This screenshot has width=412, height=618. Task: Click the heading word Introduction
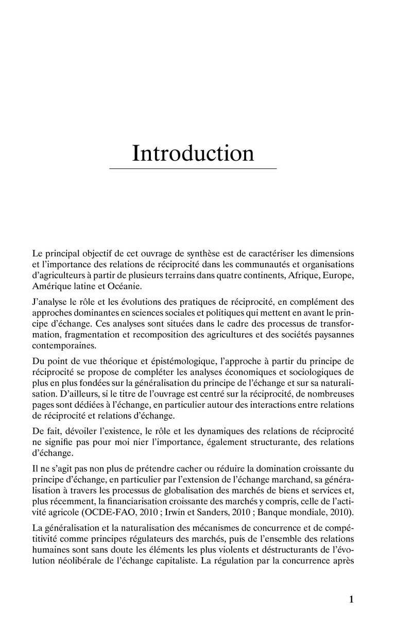[x=193, y=153]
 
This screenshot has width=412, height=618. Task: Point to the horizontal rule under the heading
[x=193, y=168]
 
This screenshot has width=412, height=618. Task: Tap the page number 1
[x=351, y=599]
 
